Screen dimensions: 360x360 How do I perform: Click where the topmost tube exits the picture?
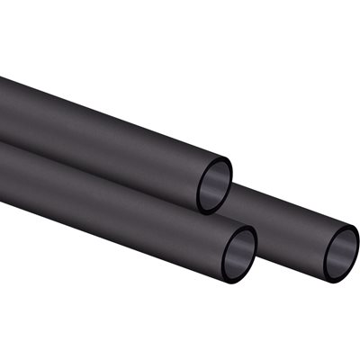point(2,108)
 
